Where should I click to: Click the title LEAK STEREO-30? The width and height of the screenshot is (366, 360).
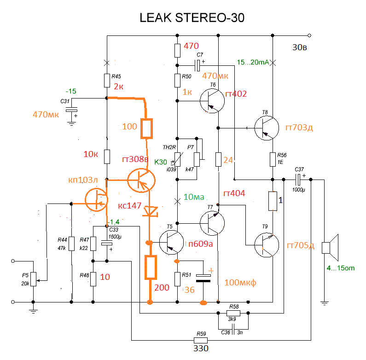pos(192,18)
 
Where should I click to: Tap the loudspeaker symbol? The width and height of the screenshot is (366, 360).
pos(330,248)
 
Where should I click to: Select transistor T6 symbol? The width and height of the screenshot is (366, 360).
pos(212,101)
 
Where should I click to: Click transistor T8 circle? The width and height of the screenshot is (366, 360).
pos(267,128)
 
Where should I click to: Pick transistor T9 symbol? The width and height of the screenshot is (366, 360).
pos(267,245)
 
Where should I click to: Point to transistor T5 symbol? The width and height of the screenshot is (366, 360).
pos(172,242)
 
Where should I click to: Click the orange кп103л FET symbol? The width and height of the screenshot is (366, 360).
pos(96,200)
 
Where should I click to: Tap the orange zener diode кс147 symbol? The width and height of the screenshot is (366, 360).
pos(150,211)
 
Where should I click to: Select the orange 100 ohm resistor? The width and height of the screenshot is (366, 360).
pos(146,128)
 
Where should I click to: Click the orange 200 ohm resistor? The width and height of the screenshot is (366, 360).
pos(151,267)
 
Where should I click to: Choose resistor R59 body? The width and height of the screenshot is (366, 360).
pos(201,340)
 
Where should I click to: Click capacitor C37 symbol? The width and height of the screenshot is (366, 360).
pos(298,180)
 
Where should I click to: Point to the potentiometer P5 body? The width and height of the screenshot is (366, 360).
pos(34,279)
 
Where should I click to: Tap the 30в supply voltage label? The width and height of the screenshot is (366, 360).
pos(300,47)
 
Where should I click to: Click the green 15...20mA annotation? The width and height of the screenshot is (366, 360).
pos(253,62)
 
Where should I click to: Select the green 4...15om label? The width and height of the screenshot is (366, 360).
pos(341,268)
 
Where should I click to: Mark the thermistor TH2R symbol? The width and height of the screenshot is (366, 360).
pos(178,159)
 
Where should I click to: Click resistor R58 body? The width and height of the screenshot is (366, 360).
pos(233,313)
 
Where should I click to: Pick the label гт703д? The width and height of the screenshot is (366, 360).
pos(299,128)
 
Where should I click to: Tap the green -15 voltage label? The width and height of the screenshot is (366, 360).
pos(71,91)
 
